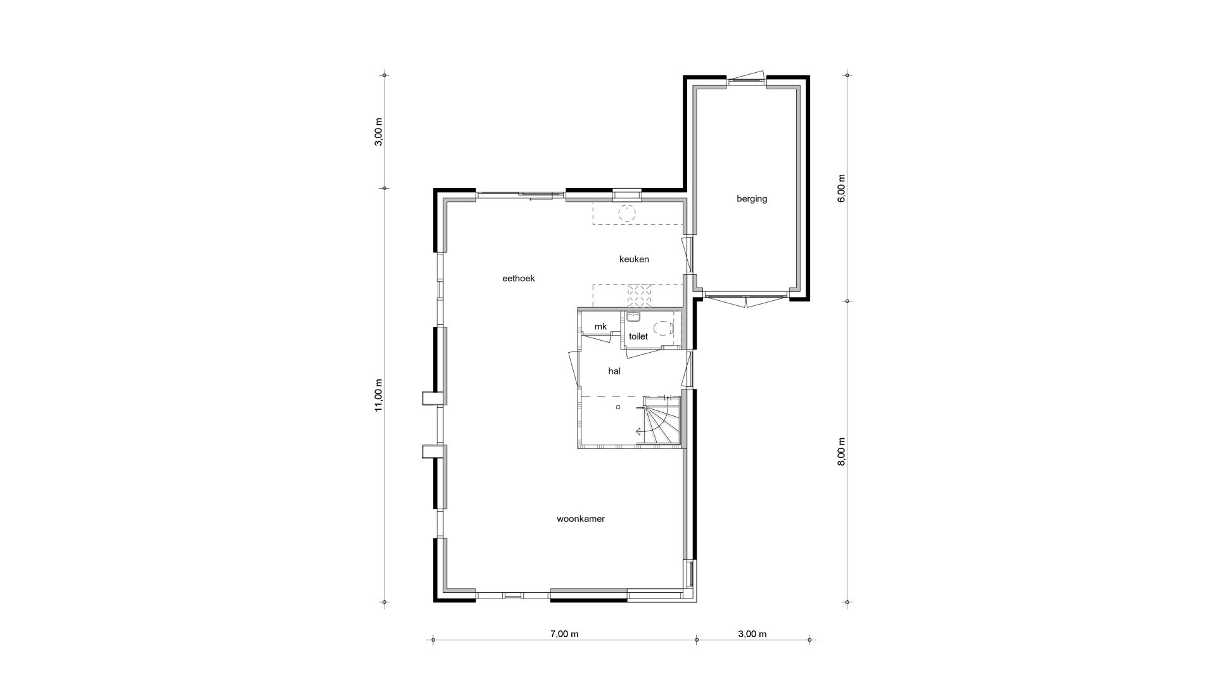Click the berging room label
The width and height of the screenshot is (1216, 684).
pyautogui.click(x=752, y=199)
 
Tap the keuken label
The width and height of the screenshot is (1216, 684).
pyautogui.click(x=634, y=259)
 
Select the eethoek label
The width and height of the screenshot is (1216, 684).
pyautogui.click(x=519, y=278)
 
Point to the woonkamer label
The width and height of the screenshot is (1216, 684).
pyautogui.click(x=581, y=519)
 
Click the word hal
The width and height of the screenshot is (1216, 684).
pyautogui.click(x=614, y=371)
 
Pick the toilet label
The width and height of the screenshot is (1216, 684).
pyautogui.click(x=638, y=336)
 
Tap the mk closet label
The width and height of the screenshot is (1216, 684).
pyautogui.click(x=600, y=327)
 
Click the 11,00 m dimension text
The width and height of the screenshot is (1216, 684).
pyautogui.click(x=379, y=395)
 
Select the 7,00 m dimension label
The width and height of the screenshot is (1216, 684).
pyautogui.click(x=564, y=634)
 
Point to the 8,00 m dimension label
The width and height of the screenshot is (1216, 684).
pyautogui.click(x=842, y=452)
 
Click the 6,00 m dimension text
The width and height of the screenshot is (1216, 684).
pyautogui.click(x=842, y=188)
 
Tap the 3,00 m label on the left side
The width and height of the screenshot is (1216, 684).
pyautogui.click(x=379, y=132)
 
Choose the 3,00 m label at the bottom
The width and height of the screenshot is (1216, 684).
pyautogui.click(x=752, y=634)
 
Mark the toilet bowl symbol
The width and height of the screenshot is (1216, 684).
pyautogui.click(x=662, y=328)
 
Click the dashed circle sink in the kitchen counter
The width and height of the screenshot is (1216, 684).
pyautogui.click(x=627, y=212)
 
